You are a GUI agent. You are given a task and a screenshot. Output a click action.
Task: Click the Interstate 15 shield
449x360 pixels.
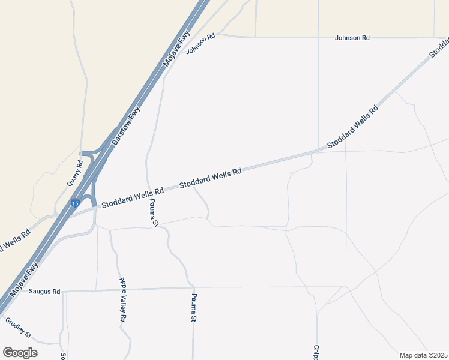click(74, 204)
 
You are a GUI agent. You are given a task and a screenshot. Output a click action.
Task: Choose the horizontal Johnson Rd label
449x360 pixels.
click(352, 38)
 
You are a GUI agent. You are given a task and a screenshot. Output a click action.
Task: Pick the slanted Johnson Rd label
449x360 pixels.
click(200, 44)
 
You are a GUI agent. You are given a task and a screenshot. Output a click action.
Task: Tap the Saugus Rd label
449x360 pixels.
click(48, 292)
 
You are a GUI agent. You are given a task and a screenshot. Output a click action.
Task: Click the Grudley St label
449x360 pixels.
click(18, 327)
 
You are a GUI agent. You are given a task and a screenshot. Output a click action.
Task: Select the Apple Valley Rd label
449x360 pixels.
click(122, 300)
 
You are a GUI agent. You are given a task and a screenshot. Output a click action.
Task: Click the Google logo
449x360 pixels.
click(20, 353)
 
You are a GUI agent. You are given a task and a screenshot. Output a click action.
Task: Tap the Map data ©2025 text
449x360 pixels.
click(423, 355)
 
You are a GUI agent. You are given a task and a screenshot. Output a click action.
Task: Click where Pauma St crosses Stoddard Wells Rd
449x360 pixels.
click(148, 191)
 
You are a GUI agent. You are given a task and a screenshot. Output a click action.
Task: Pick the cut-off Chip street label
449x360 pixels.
click(316, 352)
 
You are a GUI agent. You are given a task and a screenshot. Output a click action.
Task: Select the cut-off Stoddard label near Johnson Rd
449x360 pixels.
click(439, 48)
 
